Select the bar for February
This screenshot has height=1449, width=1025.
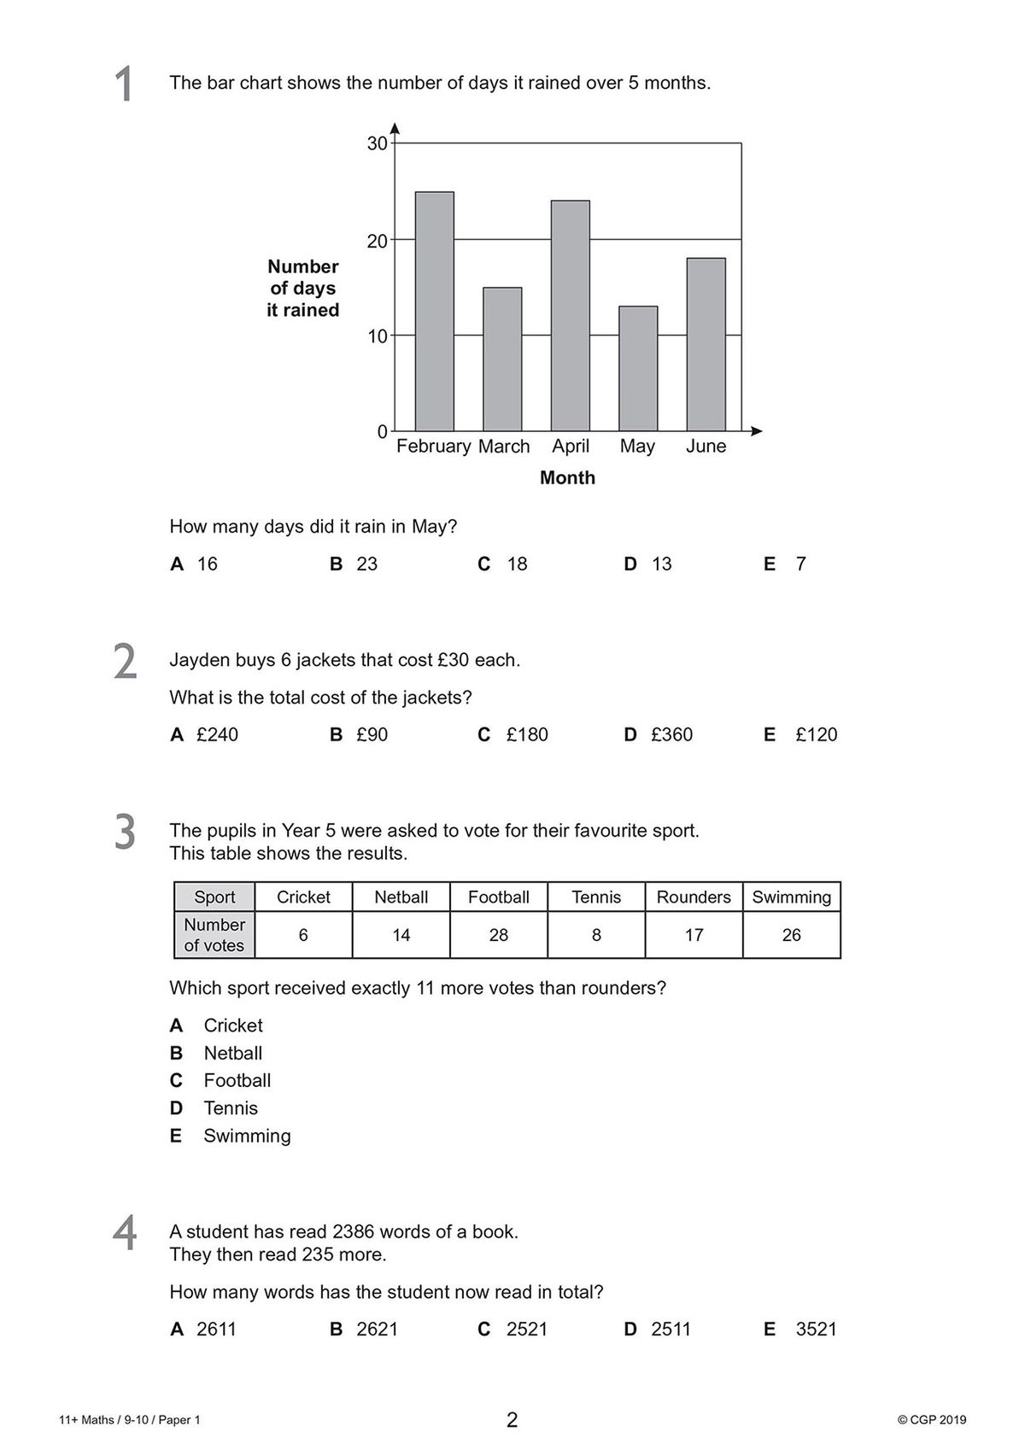click(434, 312)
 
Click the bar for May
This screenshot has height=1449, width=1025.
click(637, 368)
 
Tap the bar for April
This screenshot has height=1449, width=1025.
click(570, 315)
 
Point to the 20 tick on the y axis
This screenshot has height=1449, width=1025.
click(378, 241)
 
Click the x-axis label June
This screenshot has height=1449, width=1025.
click(706, 447)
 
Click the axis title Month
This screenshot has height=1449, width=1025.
click(567, 478)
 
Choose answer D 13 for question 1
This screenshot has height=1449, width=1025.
click(648, 564)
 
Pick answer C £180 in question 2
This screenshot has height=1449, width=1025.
click(513, 735)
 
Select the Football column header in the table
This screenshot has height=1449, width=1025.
click(498, 897)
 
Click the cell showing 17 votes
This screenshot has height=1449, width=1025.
click(694, 936)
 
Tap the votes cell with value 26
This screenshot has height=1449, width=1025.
click(791, 936)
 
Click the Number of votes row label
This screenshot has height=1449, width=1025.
click(214, 935)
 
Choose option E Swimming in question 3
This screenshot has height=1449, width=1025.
click(246, 1136)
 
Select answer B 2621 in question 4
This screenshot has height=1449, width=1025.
click(365, 1329)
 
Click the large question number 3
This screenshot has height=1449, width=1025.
click(125, 833)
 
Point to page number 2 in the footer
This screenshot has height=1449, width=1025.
click(512, 1421)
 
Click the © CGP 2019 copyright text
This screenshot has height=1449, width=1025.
click(932, 1421)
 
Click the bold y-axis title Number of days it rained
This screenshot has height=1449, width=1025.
click(303, 289)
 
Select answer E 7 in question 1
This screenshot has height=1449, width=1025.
click(785, 564)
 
